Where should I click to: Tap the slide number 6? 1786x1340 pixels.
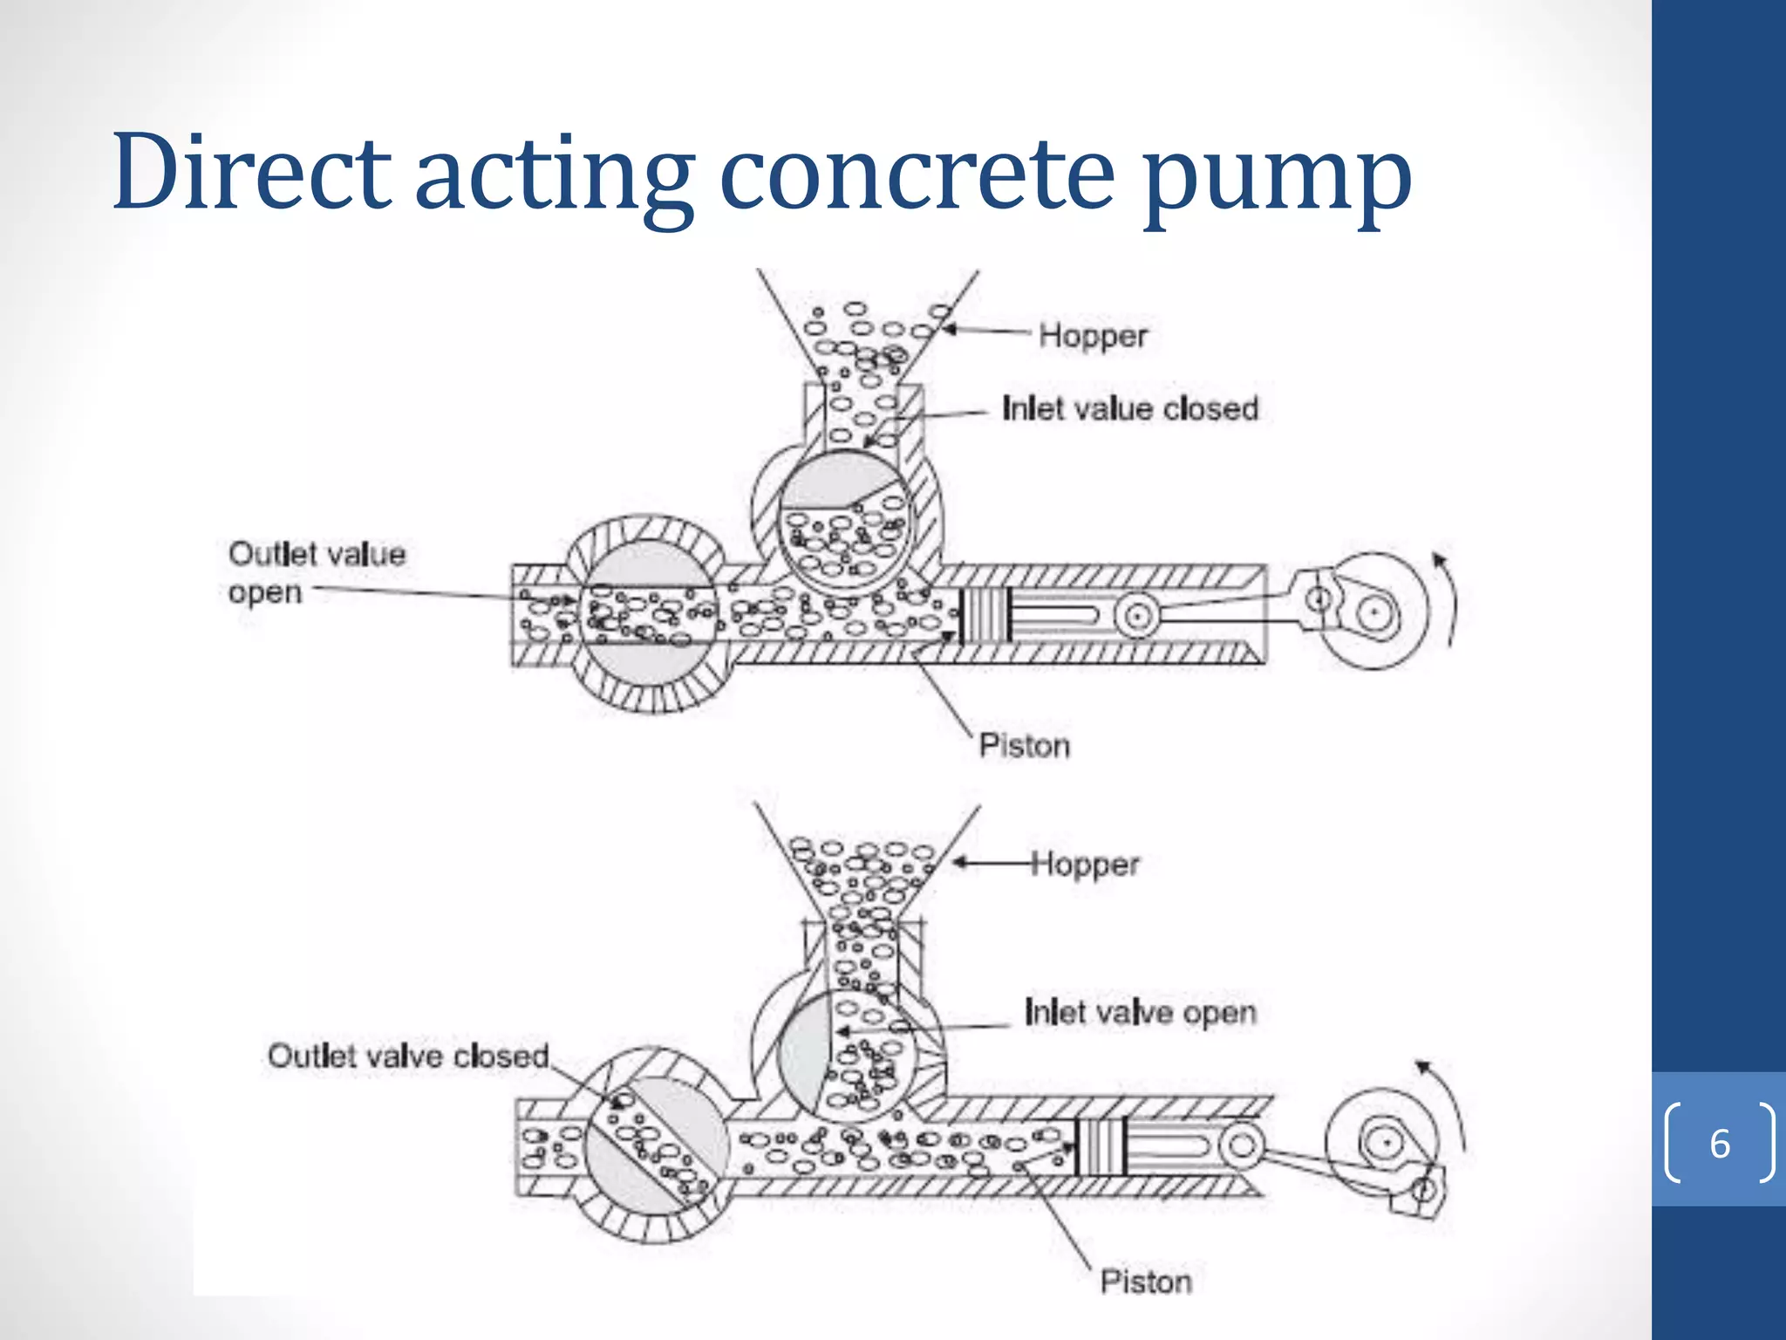pos(1719,1144)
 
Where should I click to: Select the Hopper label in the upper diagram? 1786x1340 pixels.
pos(1093,336)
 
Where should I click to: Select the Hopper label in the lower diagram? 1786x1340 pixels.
pos(1085,865)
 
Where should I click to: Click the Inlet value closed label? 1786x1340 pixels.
pos(1130,408)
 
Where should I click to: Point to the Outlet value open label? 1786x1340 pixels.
pos(316,572)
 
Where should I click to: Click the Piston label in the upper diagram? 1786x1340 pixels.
pos(1024,746)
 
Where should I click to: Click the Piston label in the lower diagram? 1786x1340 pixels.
pos(1145,1282)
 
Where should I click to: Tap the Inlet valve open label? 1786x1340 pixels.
pos(1140,1013)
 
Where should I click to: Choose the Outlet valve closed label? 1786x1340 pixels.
pos(407,1056)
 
